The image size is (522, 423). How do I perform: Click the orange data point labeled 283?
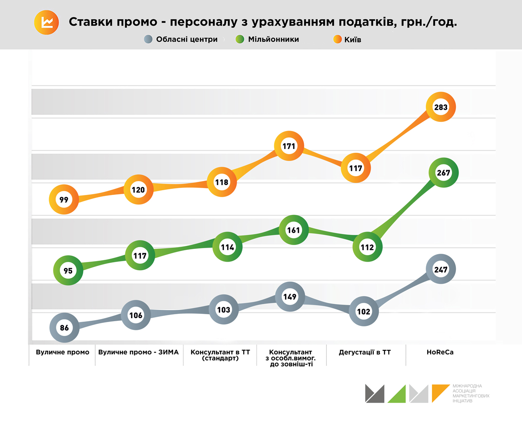pyautogui.click(x=440, y=107)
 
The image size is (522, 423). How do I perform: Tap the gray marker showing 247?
pyautogui.click(x=441, y=269)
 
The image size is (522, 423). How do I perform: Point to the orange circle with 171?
pyautogui.click(x=289, y=146)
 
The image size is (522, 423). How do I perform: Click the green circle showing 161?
pyautogui.click(x=294, y=230)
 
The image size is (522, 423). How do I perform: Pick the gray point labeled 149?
pyautogui.click(x=289, y=297)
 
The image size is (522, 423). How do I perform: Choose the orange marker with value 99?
pyautogui.click(x=64, y=200)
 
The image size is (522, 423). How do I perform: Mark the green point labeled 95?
pyautogui.click(x=68, y=270)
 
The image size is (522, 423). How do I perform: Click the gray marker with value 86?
pyautogui.click(x=64, y=328)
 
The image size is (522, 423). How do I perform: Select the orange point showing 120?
pyautogui.click(x=138, y=190)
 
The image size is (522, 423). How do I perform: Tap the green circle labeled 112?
pyautogui.click(x=367, y=247)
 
